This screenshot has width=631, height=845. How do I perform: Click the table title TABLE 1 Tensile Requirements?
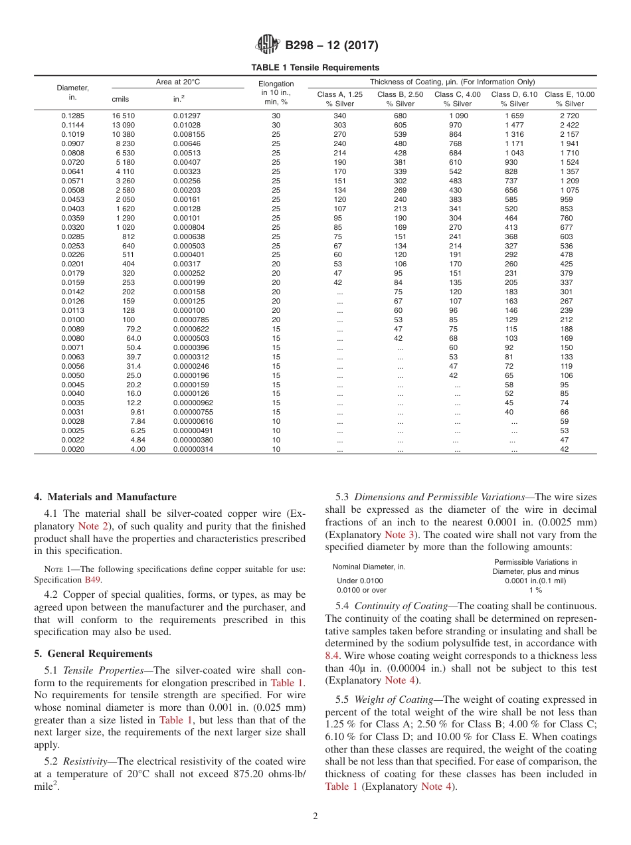315,67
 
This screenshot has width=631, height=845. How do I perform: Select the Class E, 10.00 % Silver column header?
569,99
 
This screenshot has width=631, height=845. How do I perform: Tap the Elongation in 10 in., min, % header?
276,93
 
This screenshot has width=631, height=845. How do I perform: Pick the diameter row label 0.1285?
72,116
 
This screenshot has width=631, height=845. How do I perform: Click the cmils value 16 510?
124,116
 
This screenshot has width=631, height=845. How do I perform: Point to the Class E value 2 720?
569,116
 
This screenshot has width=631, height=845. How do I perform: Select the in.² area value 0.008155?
189,134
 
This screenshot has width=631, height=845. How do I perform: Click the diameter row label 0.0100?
72,320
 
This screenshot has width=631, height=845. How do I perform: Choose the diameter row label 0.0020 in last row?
72,449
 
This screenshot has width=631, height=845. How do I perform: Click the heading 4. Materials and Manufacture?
105,497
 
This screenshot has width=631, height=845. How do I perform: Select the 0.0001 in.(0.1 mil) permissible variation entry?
535,581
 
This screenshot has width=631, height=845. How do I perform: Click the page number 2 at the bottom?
315,816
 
